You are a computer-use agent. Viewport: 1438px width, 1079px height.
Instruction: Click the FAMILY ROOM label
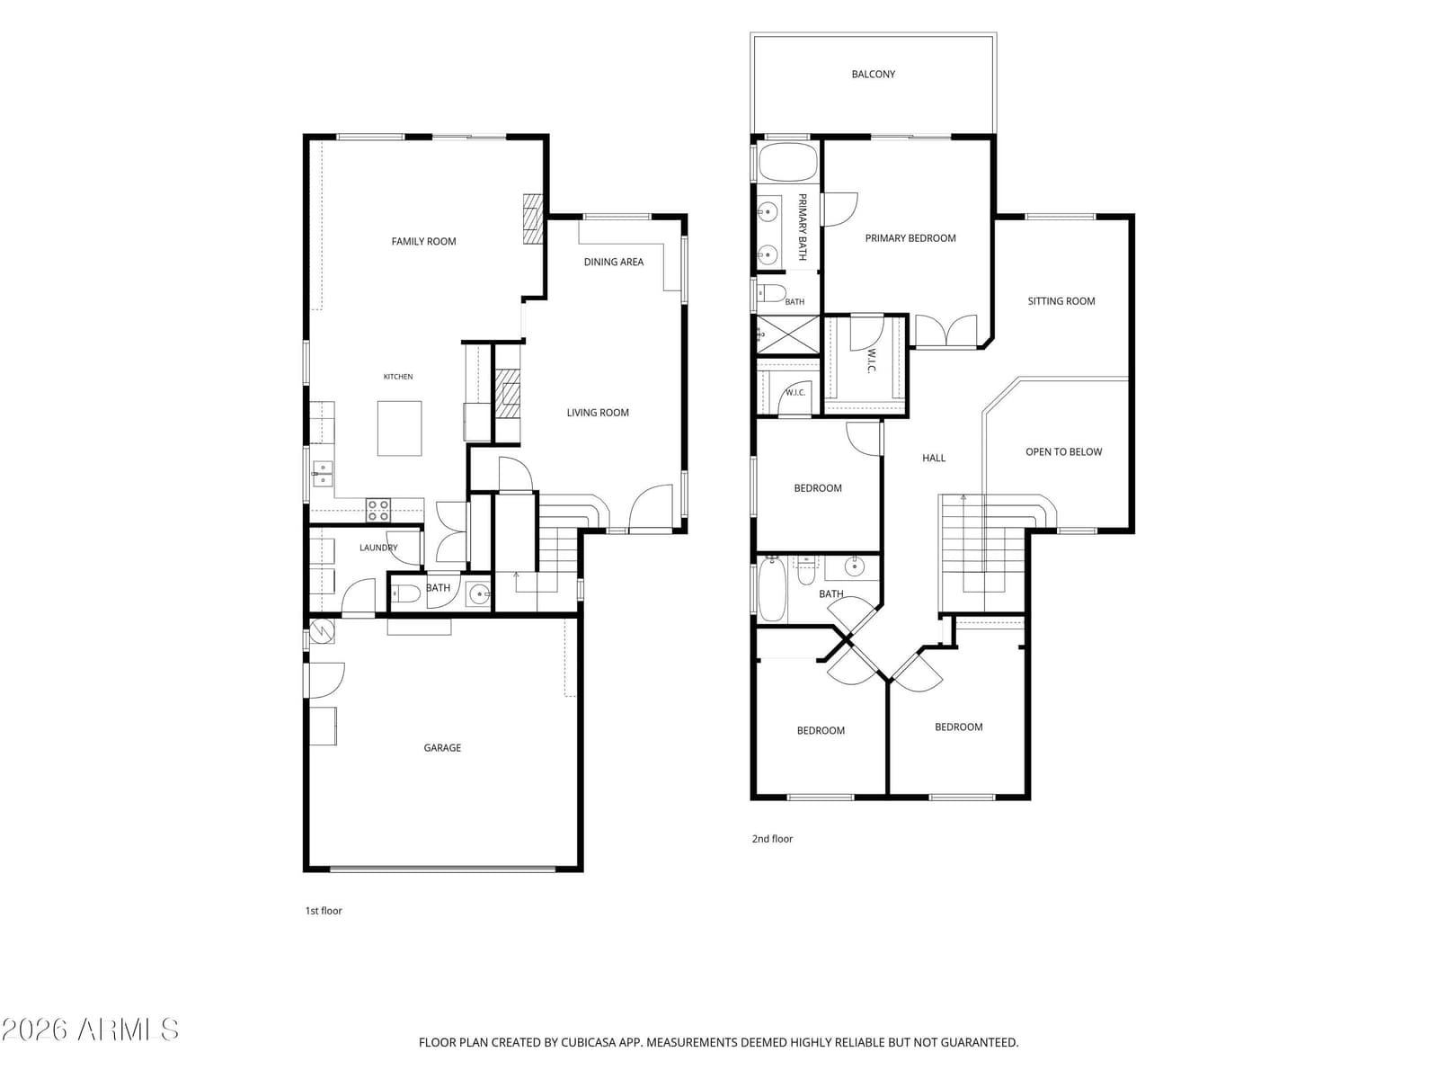coord(423,241)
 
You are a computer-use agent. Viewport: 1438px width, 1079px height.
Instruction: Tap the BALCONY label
coord(873,74)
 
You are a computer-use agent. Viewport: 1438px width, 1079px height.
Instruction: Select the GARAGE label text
coord(442,747)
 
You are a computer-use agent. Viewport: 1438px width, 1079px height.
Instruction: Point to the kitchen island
coord(399,429)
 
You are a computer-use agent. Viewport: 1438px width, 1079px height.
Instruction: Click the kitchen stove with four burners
coord(378,511)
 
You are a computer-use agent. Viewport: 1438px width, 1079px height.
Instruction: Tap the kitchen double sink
coord(323,473)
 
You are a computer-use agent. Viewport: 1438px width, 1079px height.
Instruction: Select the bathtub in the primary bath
coord(787,162)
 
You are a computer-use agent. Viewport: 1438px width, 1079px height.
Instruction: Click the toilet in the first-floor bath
coord(405,594)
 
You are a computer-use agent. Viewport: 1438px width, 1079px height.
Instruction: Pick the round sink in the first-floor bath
coord(480,594)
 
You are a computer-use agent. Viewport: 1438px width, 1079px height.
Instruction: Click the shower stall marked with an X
coord(787,335)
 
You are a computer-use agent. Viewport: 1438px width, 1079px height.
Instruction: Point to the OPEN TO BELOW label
coord(1063,451)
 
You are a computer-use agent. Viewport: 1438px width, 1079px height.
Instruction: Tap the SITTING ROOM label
coord(1061,300)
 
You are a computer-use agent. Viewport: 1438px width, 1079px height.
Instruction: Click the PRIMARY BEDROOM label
coord(910,237)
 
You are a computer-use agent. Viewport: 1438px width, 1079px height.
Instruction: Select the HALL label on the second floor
coord(934,458)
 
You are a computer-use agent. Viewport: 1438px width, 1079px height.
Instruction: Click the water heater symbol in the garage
coord(323,630)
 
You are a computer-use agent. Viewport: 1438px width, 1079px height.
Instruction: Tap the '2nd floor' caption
coord(772,839)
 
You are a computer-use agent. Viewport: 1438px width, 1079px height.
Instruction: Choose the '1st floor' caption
coord(324,911)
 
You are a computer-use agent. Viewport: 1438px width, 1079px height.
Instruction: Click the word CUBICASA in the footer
coord(588,1042)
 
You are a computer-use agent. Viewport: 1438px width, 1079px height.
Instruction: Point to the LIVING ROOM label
coord(598,412)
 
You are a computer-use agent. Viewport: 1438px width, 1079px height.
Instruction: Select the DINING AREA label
coord(613,262)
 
